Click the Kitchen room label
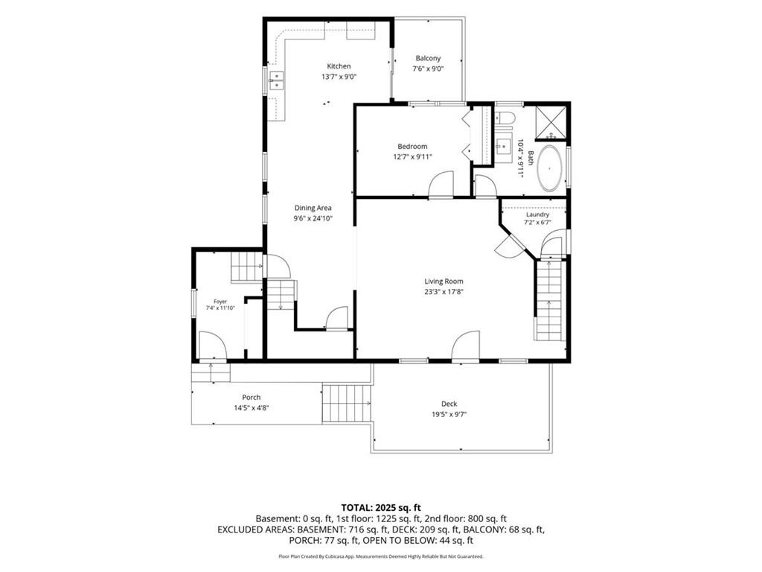(x=339, y=66)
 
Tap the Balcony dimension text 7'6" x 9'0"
(x=428, y=69)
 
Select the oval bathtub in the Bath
(x=550, y=168)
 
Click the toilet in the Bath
(x=504, y=118)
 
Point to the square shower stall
(x=551, y=121)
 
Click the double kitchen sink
(x=277, y=80)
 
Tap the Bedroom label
(x=412, y=147)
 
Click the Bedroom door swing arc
(x=441, y=183)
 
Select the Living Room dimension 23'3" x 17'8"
(x=444, y=292)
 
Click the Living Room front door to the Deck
(x=466, y=346)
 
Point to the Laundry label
(x=537, y=214)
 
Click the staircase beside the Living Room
(x=550, y=301)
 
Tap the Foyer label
(x=220, y=302)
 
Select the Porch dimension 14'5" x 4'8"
(x=252, y=408)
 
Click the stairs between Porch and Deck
(x=347, y=403)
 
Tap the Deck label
(x=449, y=404)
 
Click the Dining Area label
(x=313, y=208)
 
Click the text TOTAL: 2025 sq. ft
(x=380, y=508)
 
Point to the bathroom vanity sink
(x=504, y=145)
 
